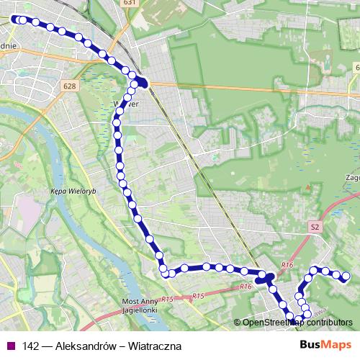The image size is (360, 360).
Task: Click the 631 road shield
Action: (129, 3)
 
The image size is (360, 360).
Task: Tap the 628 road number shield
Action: (69, 86)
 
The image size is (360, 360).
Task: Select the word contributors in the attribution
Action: (332, 322)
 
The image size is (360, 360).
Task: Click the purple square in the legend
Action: (9, 346)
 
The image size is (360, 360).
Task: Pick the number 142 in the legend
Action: (32, 346)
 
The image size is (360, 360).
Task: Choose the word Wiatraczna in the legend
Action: (155, 346)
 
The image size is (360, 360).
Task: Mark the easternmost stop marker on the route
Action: (346, 276)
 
